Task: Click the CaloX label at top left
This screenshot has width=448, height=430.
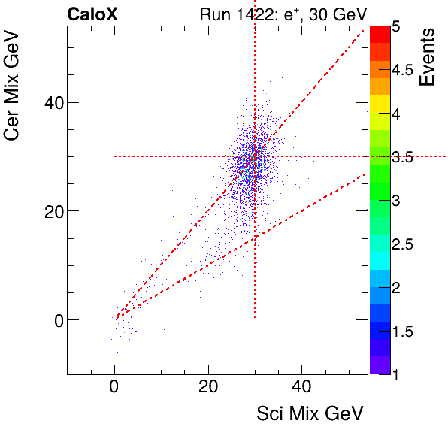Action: (92, 14)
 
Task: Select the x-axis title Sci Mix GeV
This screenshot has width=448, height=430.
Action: (310, 413)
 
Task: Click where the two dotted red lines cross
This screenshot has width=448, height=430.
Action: (255, 156)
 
